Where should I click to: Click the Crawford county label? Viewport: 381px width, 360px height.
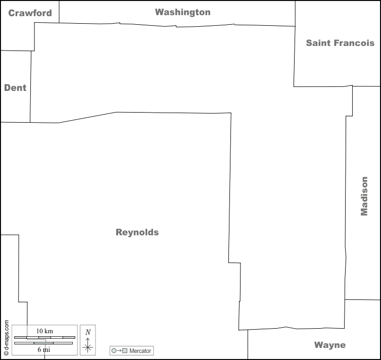click(x=30, y=13)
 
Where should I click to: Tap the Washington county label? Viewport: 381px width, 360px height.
click(x=182, y=12)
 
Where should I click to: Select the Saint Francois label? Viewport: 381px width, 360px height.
click(x=340, y=43)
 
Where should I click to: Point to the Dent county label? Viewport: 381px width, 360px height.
click(x=15, y=88)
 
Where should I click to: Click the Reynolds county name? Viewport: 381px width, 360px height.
click(x=137, y=232)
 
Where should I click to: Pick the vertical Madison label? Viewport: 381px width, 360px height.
click(x=364, y=196)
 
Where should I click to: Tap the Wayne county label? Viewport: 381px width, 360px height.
click(x=330, y=345)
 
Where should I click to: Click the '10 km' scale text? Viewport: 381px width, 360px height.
click(x=44, y=331)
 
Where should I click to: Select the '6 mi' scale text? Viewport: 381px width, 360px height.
click(x=44, y=349)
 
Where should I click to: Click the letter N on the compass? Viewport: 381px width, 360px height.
click(x=88, y=332)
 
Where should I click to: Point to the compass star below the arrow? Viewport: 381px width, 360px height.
click(x=88, y=347)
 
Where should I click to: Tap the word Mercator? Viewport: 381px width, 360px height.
click(x=140, y=350)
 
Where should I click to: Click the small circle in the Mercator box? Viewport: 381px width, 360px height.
click(x=114, y=350)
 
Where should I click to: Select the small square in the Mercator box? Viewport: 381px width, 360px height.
click(x=124, y=350)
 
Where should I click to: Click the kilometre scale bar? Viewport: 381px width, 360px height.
click(x=44, y=337)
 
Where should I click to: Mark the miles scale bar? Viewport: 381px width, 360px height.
click(x=44, y=343)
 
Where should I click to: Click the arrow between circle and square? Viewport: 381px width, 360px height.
click(x=119, y=350)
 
